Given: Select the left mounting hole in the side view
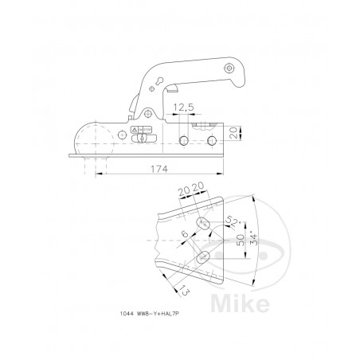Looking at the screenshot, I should (x=184, y=141).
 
